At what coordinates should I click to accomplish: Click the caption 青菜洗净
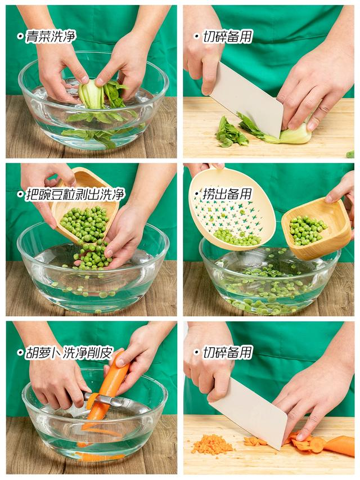coord(51,37)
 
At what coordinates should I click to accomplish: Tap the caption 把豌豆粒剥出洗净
coord(75,194)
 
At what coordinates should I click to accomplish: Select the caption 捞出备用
coord(227,194)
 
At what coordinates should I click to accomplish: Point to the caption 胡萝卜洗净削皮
coord(70,353)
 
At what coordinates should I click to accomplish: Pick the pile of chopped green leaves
coord(231,132)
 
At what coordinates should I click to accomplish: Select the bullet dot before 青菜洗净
coord(20,37)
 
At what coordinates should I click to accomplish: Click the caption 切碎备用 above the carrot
coord(227,352)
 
